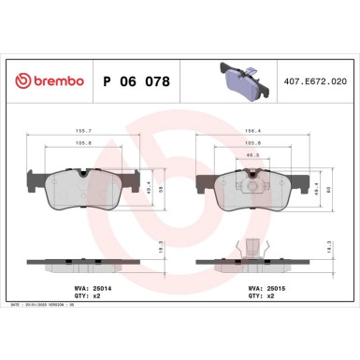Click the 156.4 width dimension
pos(252,130)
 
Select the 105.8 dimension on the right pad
pos(252,142)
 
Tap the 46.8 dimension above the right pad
pos(252,155)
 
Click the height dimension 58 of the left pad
pos(164,187)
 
